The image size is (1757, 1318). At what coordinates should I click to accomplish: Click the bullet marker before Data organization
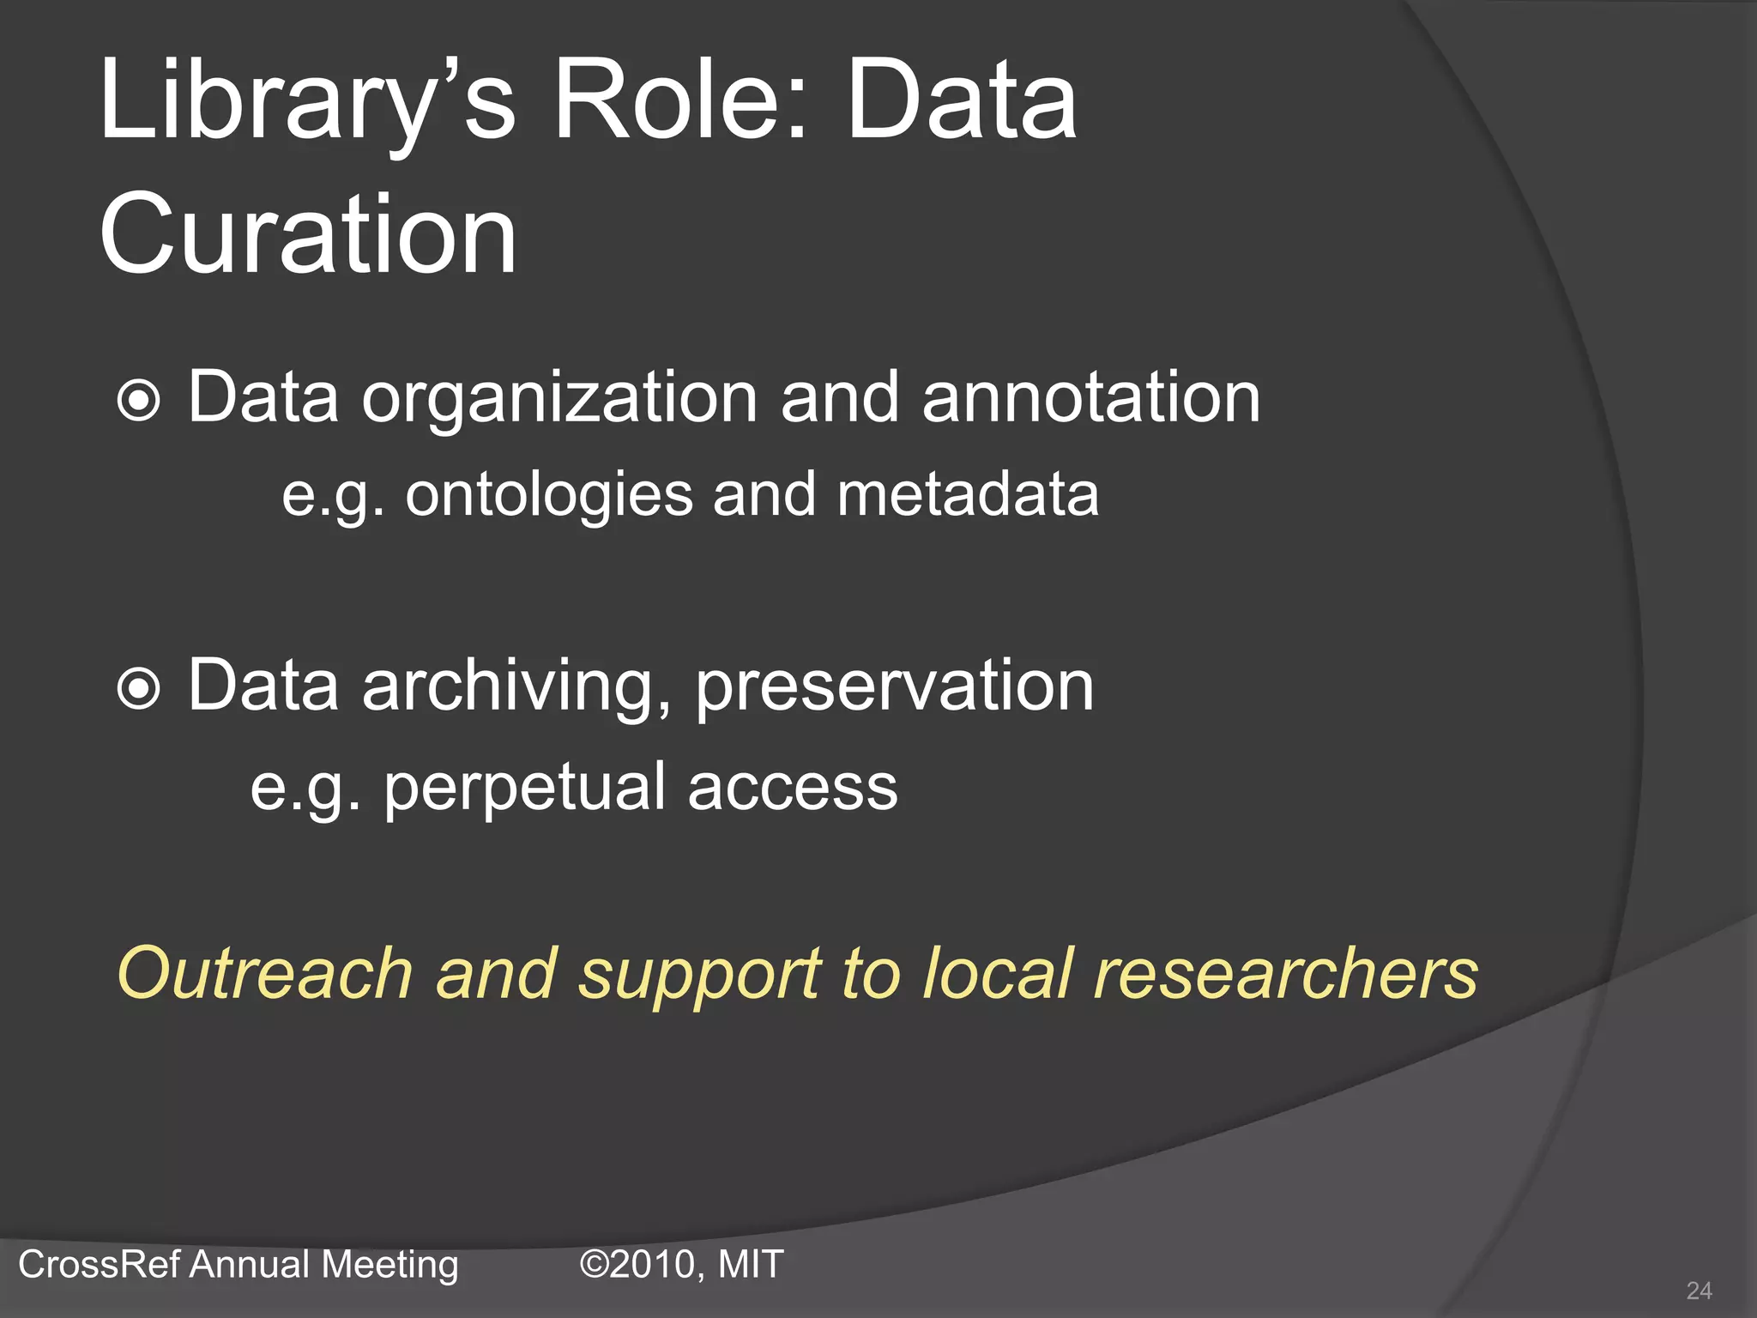click(139, 401)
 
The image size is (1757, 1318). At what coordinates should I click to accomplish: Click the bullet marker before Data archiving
click(139, 689)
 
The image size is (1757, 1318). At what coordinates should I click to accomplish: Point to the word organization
click(559, 399)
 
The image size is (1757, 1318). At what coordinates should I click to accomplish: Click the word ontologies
click(549, 496)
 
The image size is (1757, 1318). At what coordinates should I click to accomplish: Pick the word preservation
click(894, 686)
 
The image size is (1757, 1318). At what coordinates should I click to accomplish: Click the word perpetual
click(524, 788)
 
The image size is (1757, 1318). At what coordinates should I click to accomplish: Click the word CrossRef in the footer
click(99, 1265)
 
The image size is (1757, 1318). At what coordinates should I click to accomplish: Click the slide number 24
click(1699, 1291)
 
